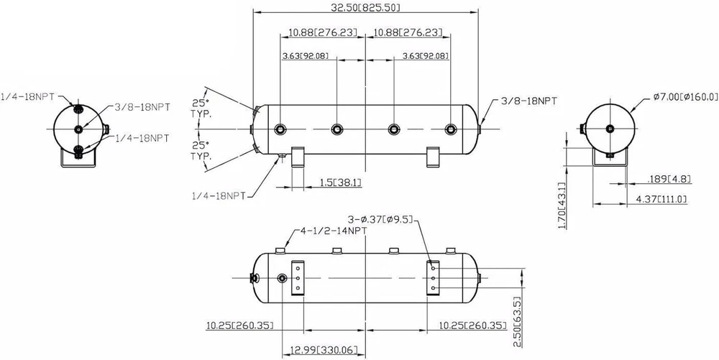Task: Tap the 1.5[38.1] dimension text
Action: coord(339,183)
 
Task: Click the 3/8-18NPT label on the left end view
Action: coord(142,108)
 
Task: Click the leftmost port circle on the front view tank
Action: coord(280,129)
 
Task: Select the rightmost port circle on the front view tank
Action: coord(451,129)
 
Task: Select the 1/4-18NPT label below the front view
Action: coord(220,195)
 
